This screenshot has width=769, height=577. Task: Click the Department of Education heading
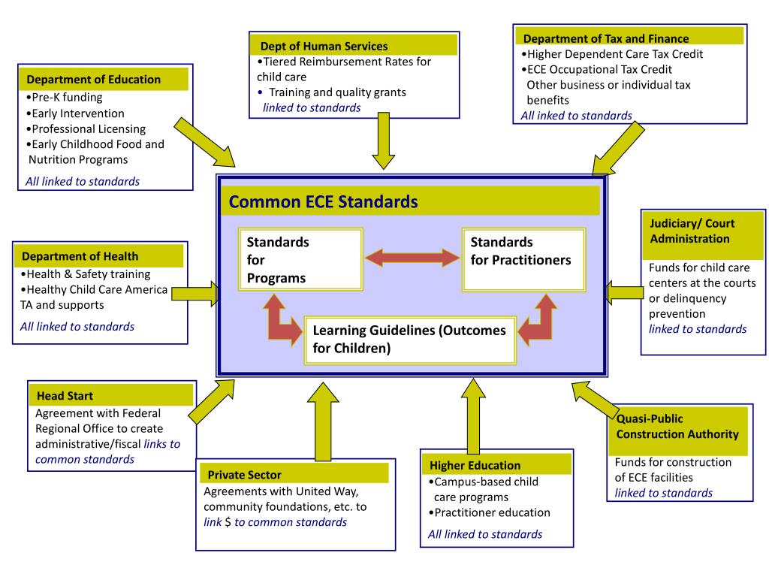(94, 80)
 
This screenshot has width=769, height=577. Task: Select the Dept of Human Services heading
(324, 46)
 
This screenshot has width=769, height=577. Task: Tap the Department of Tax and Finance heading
(605, 38)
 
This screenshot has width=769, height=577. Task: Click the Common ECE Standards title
(323, 202)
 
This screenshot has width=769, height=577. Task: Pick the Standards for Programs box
(299, 260)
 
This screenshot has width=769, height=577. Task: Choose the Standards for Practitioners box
(523, 260)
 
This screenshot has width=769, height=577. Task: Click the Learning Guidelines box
(409, 340)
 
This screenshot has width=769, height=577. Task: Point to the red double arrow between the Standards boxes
(412, 259)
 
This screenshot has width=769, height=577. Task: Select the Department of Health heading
(80, 256)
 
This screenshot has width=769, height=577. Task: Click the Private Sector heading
(244, 474)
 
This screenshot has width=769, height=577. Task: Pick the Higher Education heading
(475, 465)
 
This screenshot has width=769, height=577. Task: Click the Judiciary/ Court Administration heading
(692, 231)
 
